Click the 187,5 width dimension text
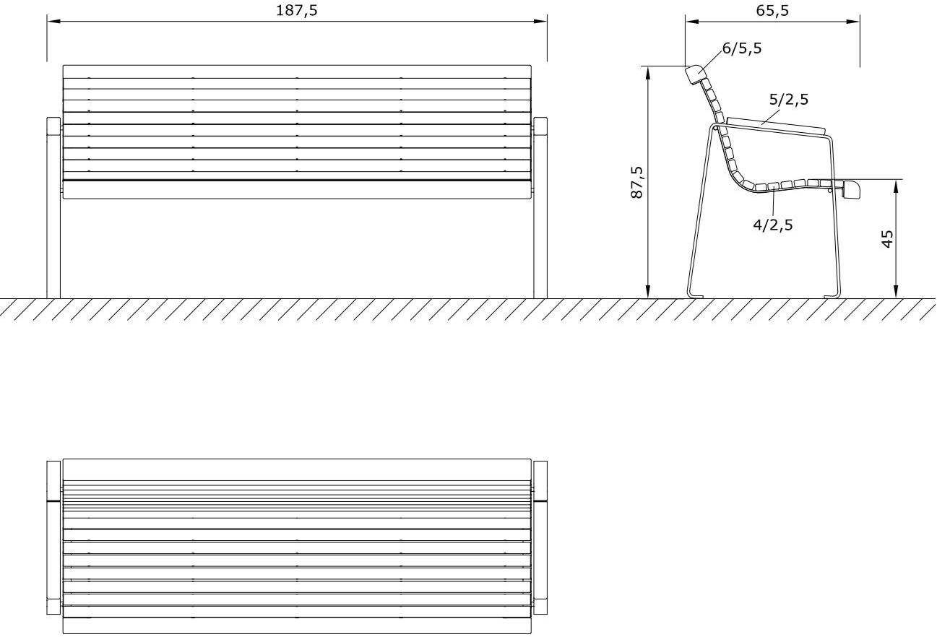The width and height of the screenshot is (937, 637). click(x=297, y=10)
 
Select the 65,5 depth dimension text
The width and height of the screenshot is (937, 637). click(x=772, y=10)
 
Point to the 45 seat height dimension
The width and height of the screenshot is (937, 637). click(x=888, y=238)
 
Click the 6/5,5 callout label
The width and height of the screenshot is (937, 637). click(x=741, y=48)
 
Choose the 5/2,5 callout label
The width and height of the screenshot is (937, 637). click(x=788, y=100)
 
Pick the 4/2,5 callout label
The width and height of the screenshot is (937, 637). click(x=773, y=225)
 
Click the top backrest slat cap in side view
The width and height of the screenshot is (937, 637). click(x=694, y=74)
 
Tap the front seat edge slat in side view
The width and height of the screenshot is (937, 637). click(x=852, y=190)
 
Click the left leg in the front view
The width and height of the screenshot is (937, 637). click(x=53, y=209)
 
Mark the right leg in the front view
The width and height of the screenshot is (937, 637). click(x=540, y=209)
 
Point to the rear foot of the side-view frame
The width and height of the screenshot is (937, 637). click(x=696, y=295)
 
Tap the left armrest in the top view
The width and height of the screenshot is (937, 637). click(x=53, y=537)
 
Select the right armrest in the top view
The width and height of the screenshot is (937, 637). click(x=540, y=537)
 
